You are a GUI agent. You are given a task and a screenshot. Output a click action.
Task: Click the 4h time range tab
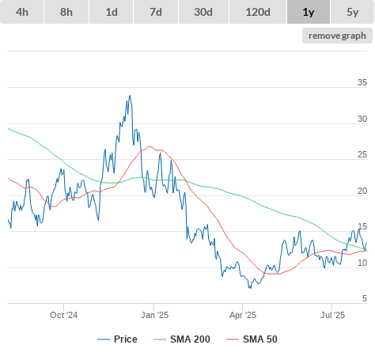pos(22,12)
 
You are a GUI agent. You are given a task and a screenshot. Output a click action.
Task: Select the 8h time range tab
pos(66,12)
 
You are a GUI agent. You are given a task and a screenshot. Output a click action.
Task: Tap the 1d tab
pos(112,12)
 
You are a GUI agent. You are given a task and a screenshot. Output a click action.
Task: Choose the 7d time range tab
pos(156,12)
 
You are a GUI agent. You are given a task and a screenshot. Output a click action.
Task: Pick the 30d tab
pos(203,12)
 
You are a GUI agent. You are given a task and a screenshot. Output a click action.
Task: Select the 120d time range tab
pos(258,12)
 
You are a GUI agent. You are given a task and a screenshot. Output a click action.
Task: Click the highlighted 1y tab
pos(309,12)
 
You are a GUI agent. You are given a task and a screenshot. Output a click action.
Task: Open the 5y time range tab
pos(353,12)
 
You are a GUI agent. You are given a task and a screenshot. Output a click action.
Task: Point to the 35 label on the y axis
pos(362,82)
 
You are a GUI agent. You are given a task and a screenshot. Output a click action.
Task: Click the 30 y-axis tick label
pos(362,119)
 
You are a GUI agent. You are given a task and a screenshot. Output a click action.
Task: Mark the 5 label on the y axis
pos(365,298)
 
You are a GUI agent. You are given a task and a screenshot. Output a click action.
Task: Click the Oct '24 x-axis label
pos(63,315)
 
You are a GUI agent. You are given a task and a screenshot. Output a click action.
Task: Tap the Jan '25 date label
pos(154,315)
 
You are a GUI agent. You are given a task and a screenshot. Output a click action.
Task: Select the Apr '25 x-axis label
pos(243,315)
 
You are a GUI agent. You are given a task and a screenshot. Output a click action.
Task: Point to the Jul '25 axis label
pos(332,315)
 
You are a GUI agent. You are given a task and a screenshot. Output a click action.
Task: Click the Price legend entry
pos(117,339)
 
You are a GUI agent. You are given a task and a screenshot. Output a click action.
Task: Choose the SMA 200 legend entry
pos(182,339)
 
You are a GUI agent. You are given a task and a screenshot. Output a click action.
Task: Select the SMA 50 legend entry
pos(252,339)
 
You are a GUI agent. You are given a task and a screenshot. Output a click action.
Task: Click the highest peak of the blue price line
pos(130,96)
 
